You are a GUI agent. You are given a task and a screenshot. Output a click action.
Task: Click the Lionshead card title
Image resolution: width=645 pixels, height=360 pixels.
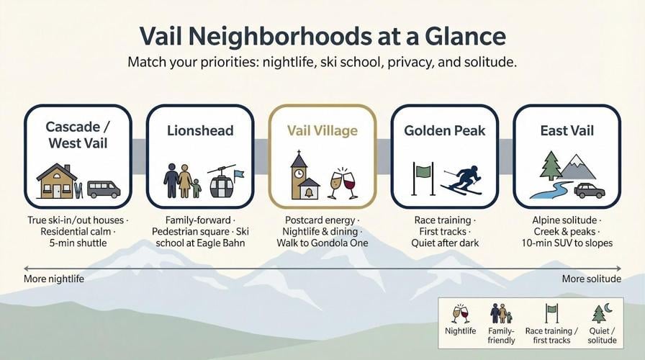tap(199, 130)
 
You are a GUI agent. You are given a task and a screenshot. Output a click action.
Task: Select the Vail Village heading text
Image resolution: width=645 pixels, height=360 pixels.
tap(322, 130)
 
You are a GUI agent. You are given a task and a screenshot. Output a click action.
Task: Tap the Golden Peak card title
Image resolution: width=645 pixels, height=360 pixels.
tap(444, 130)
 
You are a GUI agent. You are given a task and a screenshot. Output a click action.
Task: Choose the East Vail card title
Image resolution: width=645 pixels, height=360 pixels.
tap(567, 130)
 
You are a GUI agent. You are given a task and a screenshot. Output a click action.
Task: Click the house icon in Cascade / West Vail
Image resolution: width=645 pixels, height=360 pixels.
tap(57, 181)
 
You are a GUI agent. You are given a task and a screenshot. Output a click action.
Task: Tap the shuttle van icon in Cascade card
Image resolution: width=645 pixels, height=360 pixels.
tap(103, 189)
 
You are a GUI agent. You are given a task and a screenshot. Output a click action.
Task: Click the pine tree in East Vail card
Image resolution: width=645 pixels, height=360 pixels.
tap(551, 166)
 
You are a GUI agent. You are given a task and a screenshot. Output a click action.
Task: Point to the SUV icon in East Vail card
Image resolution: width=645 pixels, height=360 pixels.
tap(589, 190)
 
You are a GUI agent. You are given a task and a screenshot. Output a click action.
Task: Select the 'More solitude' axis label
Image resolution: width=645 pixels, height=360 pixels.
tap(591, 279)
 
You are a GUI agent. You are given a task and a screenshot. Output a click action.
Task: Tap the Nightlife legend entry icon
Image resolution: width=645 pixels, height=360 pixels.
tap(460, 313)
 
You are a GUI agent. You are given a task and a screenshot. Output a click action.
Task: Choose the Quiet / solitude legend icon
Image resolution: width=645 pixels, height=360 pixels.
tap(601, 313)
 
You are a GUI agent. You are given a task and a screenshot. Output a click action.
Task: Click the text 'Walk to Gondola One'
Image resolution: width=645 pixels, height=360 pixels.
tap(322, 243)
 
